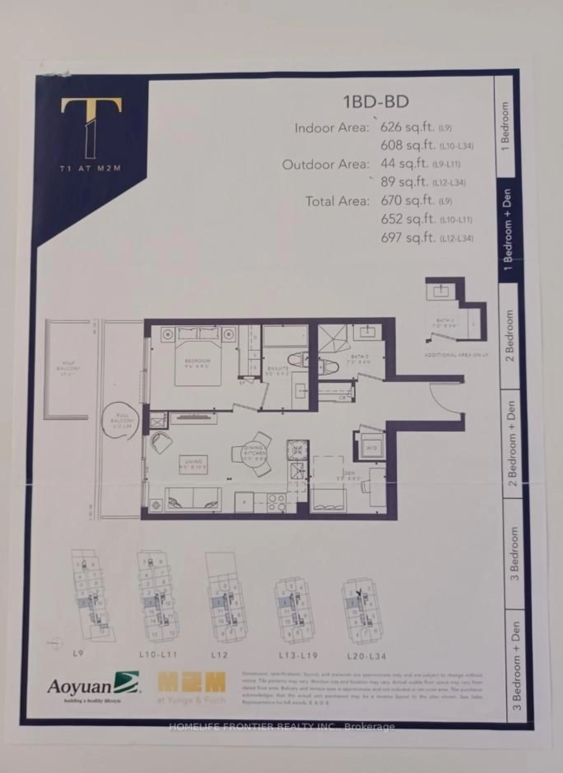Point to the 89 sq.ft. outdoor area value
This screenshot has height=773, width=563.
pos(404,182)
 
